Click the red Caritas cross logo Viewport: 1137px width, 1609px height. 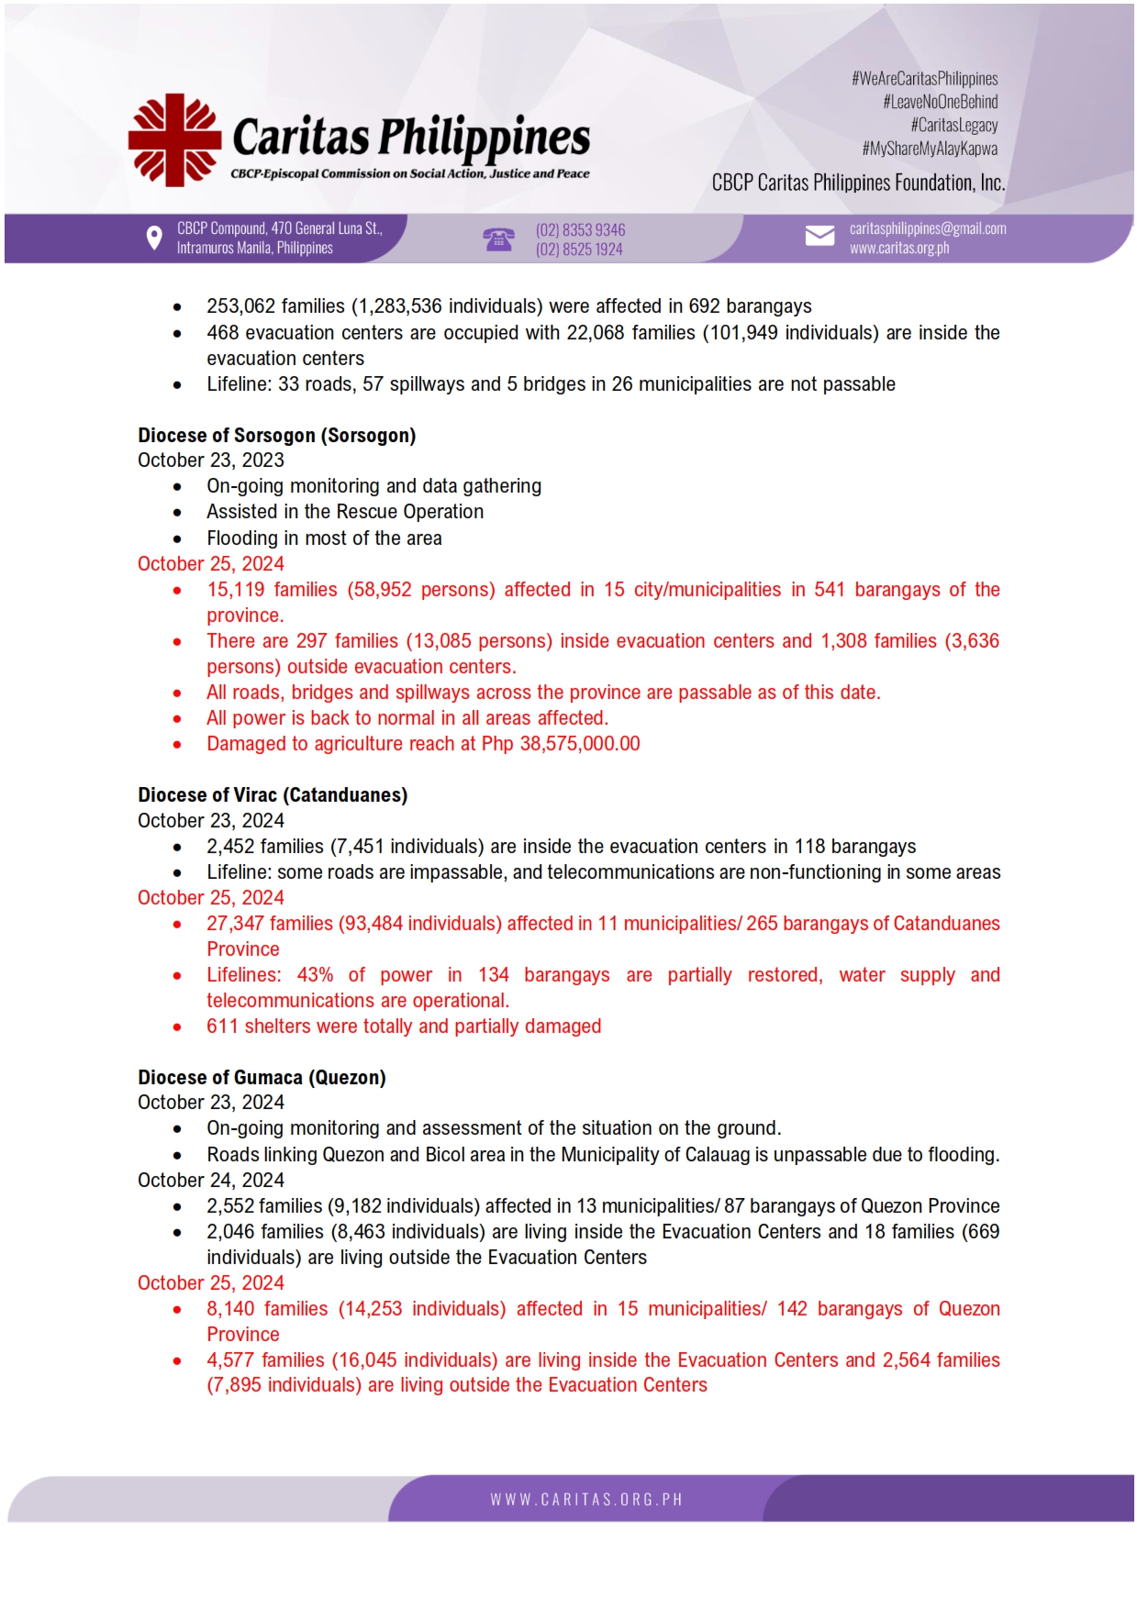click(x=174, y=139)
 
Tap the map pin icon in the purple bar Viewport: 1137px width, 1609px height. click(x=154, y=239)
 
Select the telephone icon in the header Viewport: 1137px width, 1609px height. click(x=498, y=239)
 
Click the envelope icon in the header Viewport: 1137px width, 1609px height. click(x=819, y=237)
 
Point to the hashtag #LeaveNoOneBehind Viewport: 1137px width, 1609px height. click(x=940, y=102)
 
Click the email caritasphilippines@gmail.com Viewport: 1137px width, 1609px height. click(x=927, y=228)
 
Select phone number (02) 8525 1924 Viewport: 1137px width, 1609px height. click(x=579, y=249)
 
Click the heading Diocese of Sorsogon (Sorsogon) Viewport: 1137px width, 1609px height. click(x=276, y=435)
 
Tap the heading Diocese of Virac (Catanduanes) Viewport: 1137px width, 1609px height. click(x=273, y=794)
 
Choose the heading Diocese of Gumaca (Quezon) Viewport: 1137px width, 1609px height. click(x=262, y=1077)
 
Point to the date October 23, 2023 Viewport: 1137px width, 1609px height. click(x=211, y=460)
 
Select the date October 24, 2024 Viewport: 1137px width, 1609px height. click(x=211, y=1180)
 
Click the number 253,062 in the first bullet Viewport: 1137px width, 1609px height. click(x=238, y=305)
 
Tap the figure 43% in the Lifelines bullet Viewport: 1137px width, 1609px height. click(x=315, y=974)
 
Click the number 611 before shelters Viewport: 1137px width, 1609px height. click(x=222, y=1026)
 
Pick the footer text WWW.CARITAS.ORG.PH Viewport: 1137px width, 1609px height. click(x=586, y=1499)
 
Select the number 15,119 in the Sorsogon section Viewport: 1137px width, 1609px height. click(x=235, y=589)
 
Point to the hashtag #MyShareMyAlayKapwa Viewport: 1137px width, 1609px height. click(x=930, y=149)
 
